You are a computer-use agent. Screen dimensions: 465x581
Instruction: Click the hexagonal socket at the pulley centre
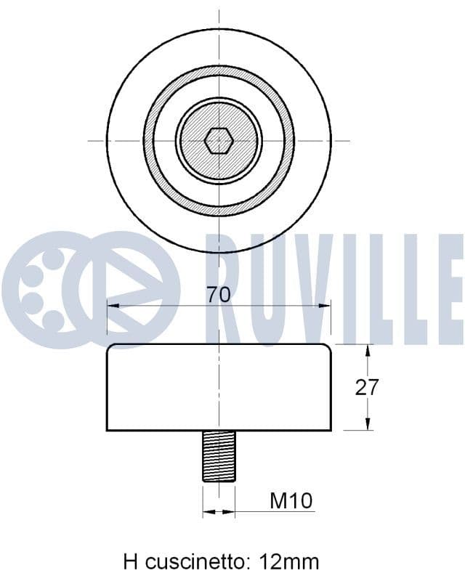point(219,141)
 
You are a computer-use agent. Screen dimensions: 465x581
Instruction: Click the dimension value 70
point(219,295)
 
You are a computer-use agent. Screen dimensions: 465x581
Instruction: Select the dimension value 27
point(366,387)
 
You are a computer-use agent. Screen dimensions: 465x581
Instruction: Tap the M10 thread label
point(291,501)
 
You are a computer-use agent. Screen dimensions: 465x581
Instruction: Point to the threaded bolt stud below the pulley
point(219,456)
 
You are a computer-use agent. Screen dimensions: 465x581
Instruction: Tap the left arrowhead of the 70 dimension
point(113,306)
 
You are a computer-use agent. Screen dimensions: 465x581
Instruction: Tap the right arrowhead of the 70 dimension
point(325,306)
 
